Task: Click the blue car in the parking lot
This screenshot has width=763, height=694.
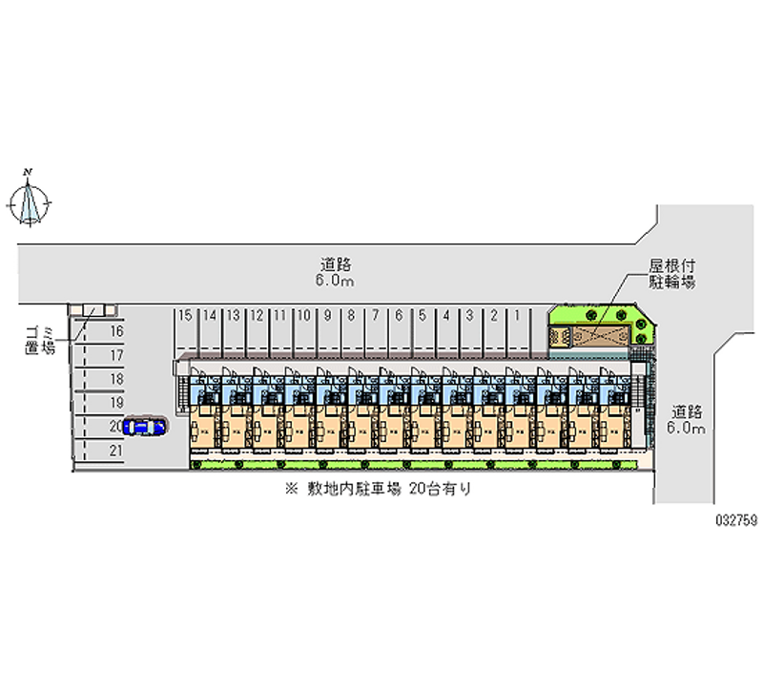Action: pyautogui.click(x=144, y=427)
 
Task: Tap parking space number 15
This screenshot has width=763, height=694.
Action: pyautogui.click(x=185, y=329)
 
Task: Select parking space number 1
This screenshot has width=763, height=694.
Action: pyautogui.click(x=517, y=329)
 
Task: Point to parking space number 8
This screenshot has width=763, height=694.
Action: pyautogui.click(x=351, y=329)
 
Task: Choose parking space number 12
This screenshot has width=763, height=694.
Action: pyautogui.click(x=256, y=329)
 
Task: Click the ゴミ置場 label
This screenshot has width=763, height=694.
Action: pyautogui.click(x=40, y=340)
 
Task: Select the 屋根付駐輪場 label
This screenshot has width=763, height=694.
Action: pyautogui.click(x=671, y=275)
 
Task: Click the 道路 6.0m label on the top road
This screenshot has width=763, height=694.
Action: pyautogui.click(x=338, y=273)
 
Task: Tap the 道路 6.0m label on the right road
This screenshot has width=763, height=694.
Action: pyautogui.click(x=687, y=420)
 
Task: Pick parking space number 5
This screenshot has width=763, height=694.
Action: pyautogui.click(x=422, y=329)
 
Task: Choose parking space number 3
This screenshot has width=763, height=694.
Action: pyautogui.click(x=469, y=329)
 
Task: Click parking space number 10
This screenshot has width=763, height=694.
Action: pyautogui.click(x=303, y=329)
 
